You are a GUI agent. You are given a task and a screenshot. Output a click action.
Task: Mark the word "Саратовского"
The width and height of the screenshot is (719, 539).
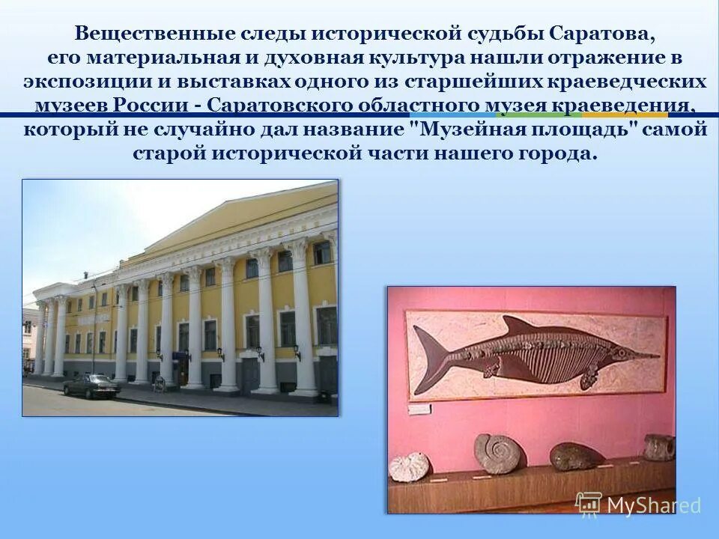click(278, 106)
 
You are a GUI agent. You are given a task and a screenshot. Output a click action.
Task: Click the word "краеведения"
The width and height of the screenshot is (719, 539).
click(619, 106)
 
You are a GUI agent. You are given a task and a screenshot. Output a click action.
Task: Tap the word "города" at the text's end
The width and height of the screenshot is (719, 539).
click(554, 154)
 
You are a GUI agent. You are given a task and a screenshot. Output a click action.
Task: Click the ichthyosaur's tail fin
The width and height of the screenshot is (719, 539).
click(433, 352)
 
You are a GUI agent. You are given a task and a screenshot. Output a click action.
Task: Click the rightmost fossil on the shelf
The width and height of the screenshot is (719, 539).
click(659, 447)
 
